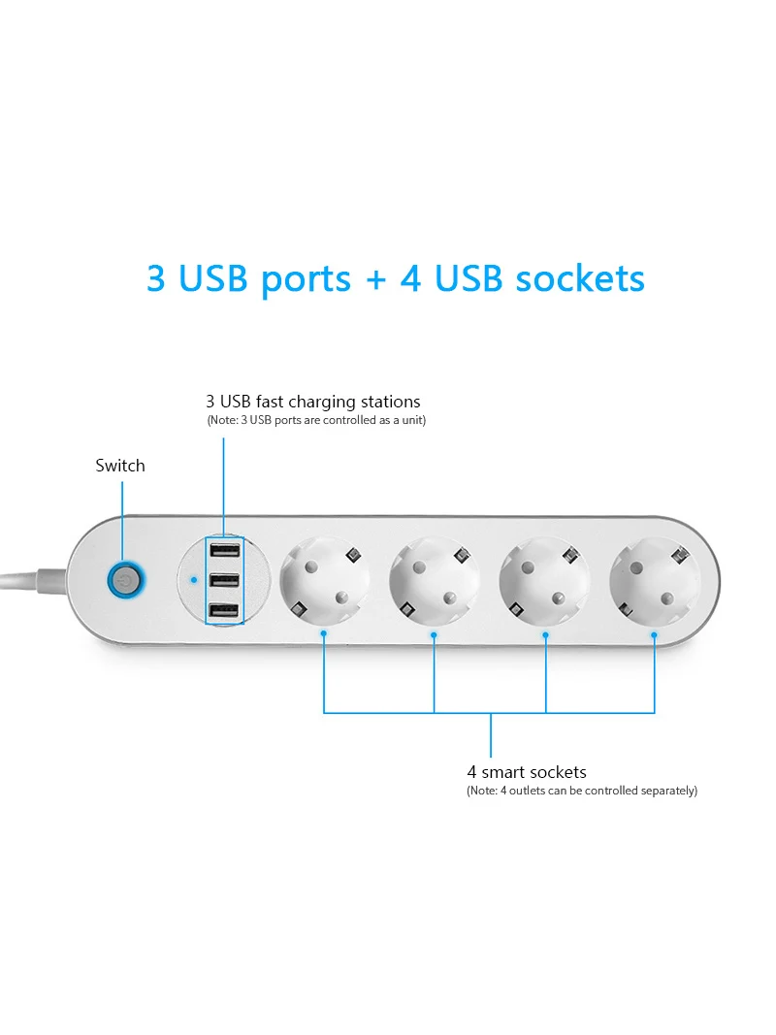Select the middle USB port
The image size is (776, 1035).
[223, 581]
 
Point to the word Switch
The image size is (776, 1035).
[120, 466]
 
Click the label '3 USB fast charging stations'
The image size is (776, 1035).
[312, 402]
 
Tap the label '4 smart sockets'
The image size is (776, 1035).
[527, 772]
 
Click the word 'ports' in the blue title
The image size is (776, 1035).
[306, 278]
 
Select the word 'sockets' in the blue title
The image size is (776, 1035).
[580, 278]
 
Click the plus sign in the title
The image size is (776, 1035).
[375, 279]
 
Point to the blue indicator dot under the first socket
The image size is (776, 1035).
[324, 635]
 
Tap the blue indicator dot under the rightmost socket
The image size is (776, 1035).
[655, 635]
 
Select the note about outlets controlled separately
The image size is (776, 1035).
[582, 791]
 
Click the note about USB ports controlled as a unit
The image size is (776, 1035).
[316, 420]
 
